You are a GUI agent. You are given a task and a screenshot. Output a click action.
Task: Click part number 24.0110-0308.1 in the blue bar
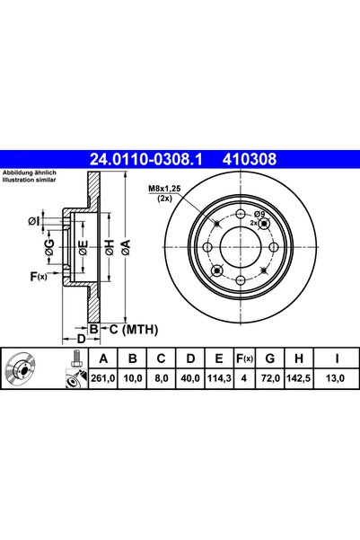click(146, 159)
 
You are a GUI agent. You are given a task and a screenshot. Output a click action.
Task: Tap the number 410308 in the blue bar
click(250, 159)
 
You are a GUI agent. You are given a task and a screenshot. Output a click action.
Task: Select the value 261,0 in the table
click(103, 378)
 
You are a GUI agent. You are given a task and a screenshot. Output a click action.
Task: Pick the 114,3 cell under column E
click(219, 378)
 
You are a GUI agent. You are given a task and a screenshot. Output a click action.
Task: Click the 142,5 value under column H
click(298, 378)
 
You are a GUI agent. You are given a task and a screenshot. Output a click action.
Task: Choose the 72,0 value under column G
click(269, 378)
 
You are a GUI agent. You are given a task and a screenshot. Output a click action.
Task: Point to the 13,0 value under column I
click(336, 378)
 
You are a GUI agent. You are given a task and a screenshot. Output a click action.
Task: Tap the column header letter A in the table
click(103, 359)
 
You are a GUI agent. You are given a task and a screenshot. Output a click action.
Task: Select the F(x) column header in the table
click(244, 359)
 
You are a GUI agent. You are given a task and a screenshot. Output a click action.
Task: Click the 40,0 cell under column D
click(190, 378)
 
